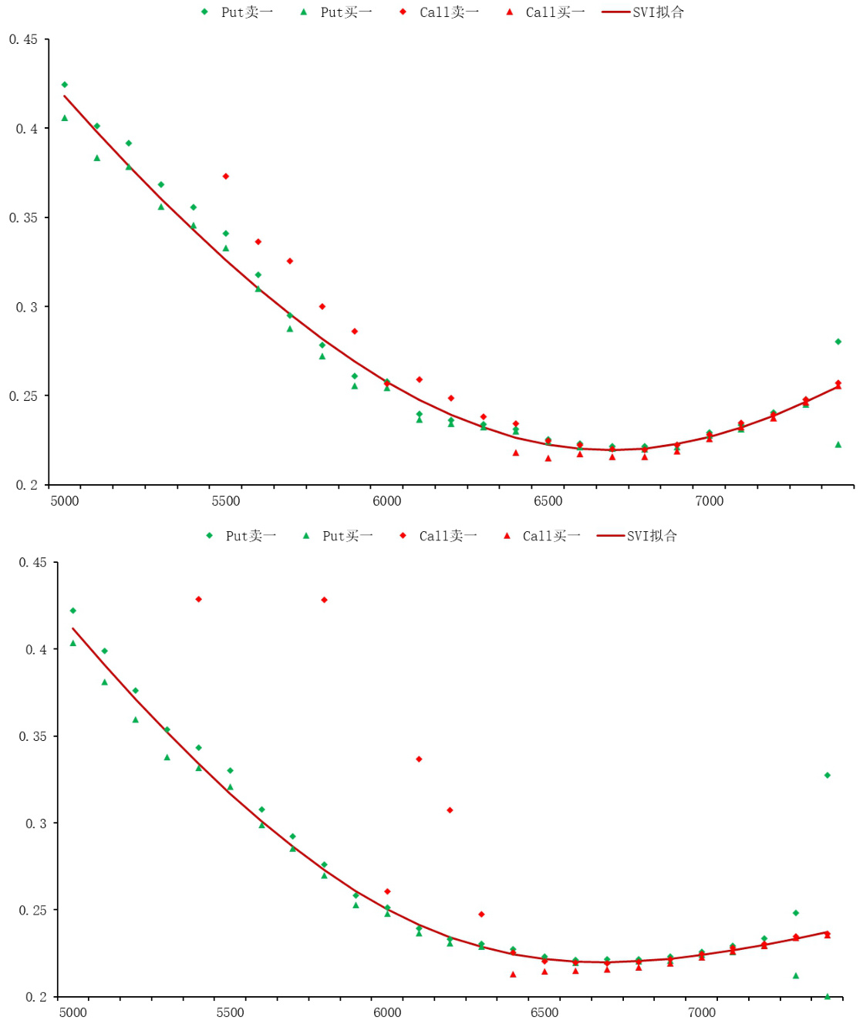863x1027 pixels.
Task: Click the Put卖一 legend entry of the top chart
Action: pyautogui.click(x=238, y=12)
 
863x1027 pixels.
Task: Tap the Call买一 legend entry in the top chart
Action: pyautogui.click(x=546, y=12)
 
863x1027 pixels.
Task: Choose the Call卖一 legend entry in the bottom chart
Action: pyautogui.click(x=440, y=536)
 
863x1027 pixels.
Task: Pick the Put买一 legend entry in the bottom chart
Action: pyautogui.click(x=339, y=536)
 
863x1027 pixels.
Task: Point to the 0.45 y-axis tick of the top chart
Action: pyautogui.click(x=23, y=39)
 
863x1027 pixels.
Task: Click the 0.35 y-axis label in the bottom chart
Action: pyautogui.click(x=33, y=736)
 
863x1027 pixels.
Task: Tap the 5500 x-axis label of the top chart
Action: pyautogui.click(x=226, y=501)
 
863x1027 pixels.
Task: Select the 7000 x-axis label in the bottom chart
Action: pyautogui.click(x=702, y=1012)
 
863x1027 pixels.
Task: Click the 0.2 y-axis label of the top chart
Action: pyautogui.click(x=27, y=485)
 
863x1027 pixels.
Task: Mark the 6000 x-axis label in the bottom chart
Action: pyautogui.click(x=387, y=1012)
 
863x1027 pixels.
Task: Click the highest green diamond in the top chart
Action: pyautogui.click(x=65, y=85)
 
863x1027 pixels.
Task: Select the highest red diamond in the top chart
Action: pyautogui.click(x=226, y=177)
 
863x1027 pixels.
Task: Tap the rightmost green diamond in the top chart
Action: pyautogui.click(x=838, y=342)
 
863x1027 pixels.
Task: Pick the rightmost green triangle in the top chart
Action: pyautogui.click(x=838, y=445)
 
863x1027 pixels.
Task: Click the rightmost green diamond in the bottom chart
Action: pyautogui.click(x=828, y=776)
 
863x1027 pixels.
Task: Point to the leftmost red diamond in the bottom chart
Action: pyautogui.click(x=199, y=599)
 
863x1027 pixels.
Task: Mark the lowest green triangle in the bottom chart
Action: pyautogui.click(x=828, y=996)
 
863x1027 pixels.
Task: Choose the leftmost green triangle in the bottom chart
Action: pyautogui.click(x=73, y=643)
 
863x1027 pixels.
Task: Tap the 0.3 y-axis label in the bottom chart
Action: pyautogui.click(x=36, y=823)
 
